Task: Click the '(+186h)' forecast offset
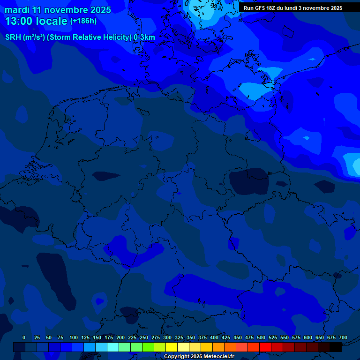83,21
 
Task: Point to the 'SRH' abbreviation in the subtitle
13,37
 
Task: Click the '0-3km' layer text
144,37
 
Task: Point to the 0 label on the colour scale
24,337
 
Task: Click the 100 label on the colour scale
74,337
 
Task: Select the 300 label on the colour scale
167,337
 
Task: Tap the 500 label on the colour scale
261,337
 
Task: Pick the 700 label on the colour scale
343,337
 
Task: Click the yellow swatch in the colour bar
172,347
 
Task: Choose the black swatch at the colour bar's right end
336,347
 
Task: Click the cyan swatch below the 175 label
113,347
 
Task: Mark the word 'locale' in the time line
52,21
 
